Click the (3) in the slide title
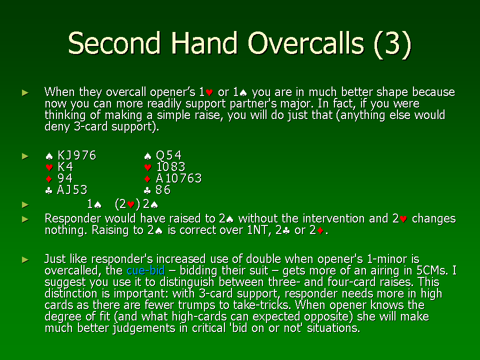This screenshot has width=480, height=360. [392, 44]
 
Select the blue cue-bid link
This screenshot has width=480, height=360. [145, 270]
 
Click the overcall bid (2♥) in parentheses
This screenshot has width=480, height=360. [127, 204]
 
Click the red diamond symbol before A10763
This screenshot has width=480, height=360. [147, 179]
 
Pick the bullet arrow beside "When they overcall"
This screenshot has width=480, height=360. [25, 92]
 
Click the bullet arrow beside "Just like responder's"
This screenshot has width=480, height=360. [25, 260]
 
